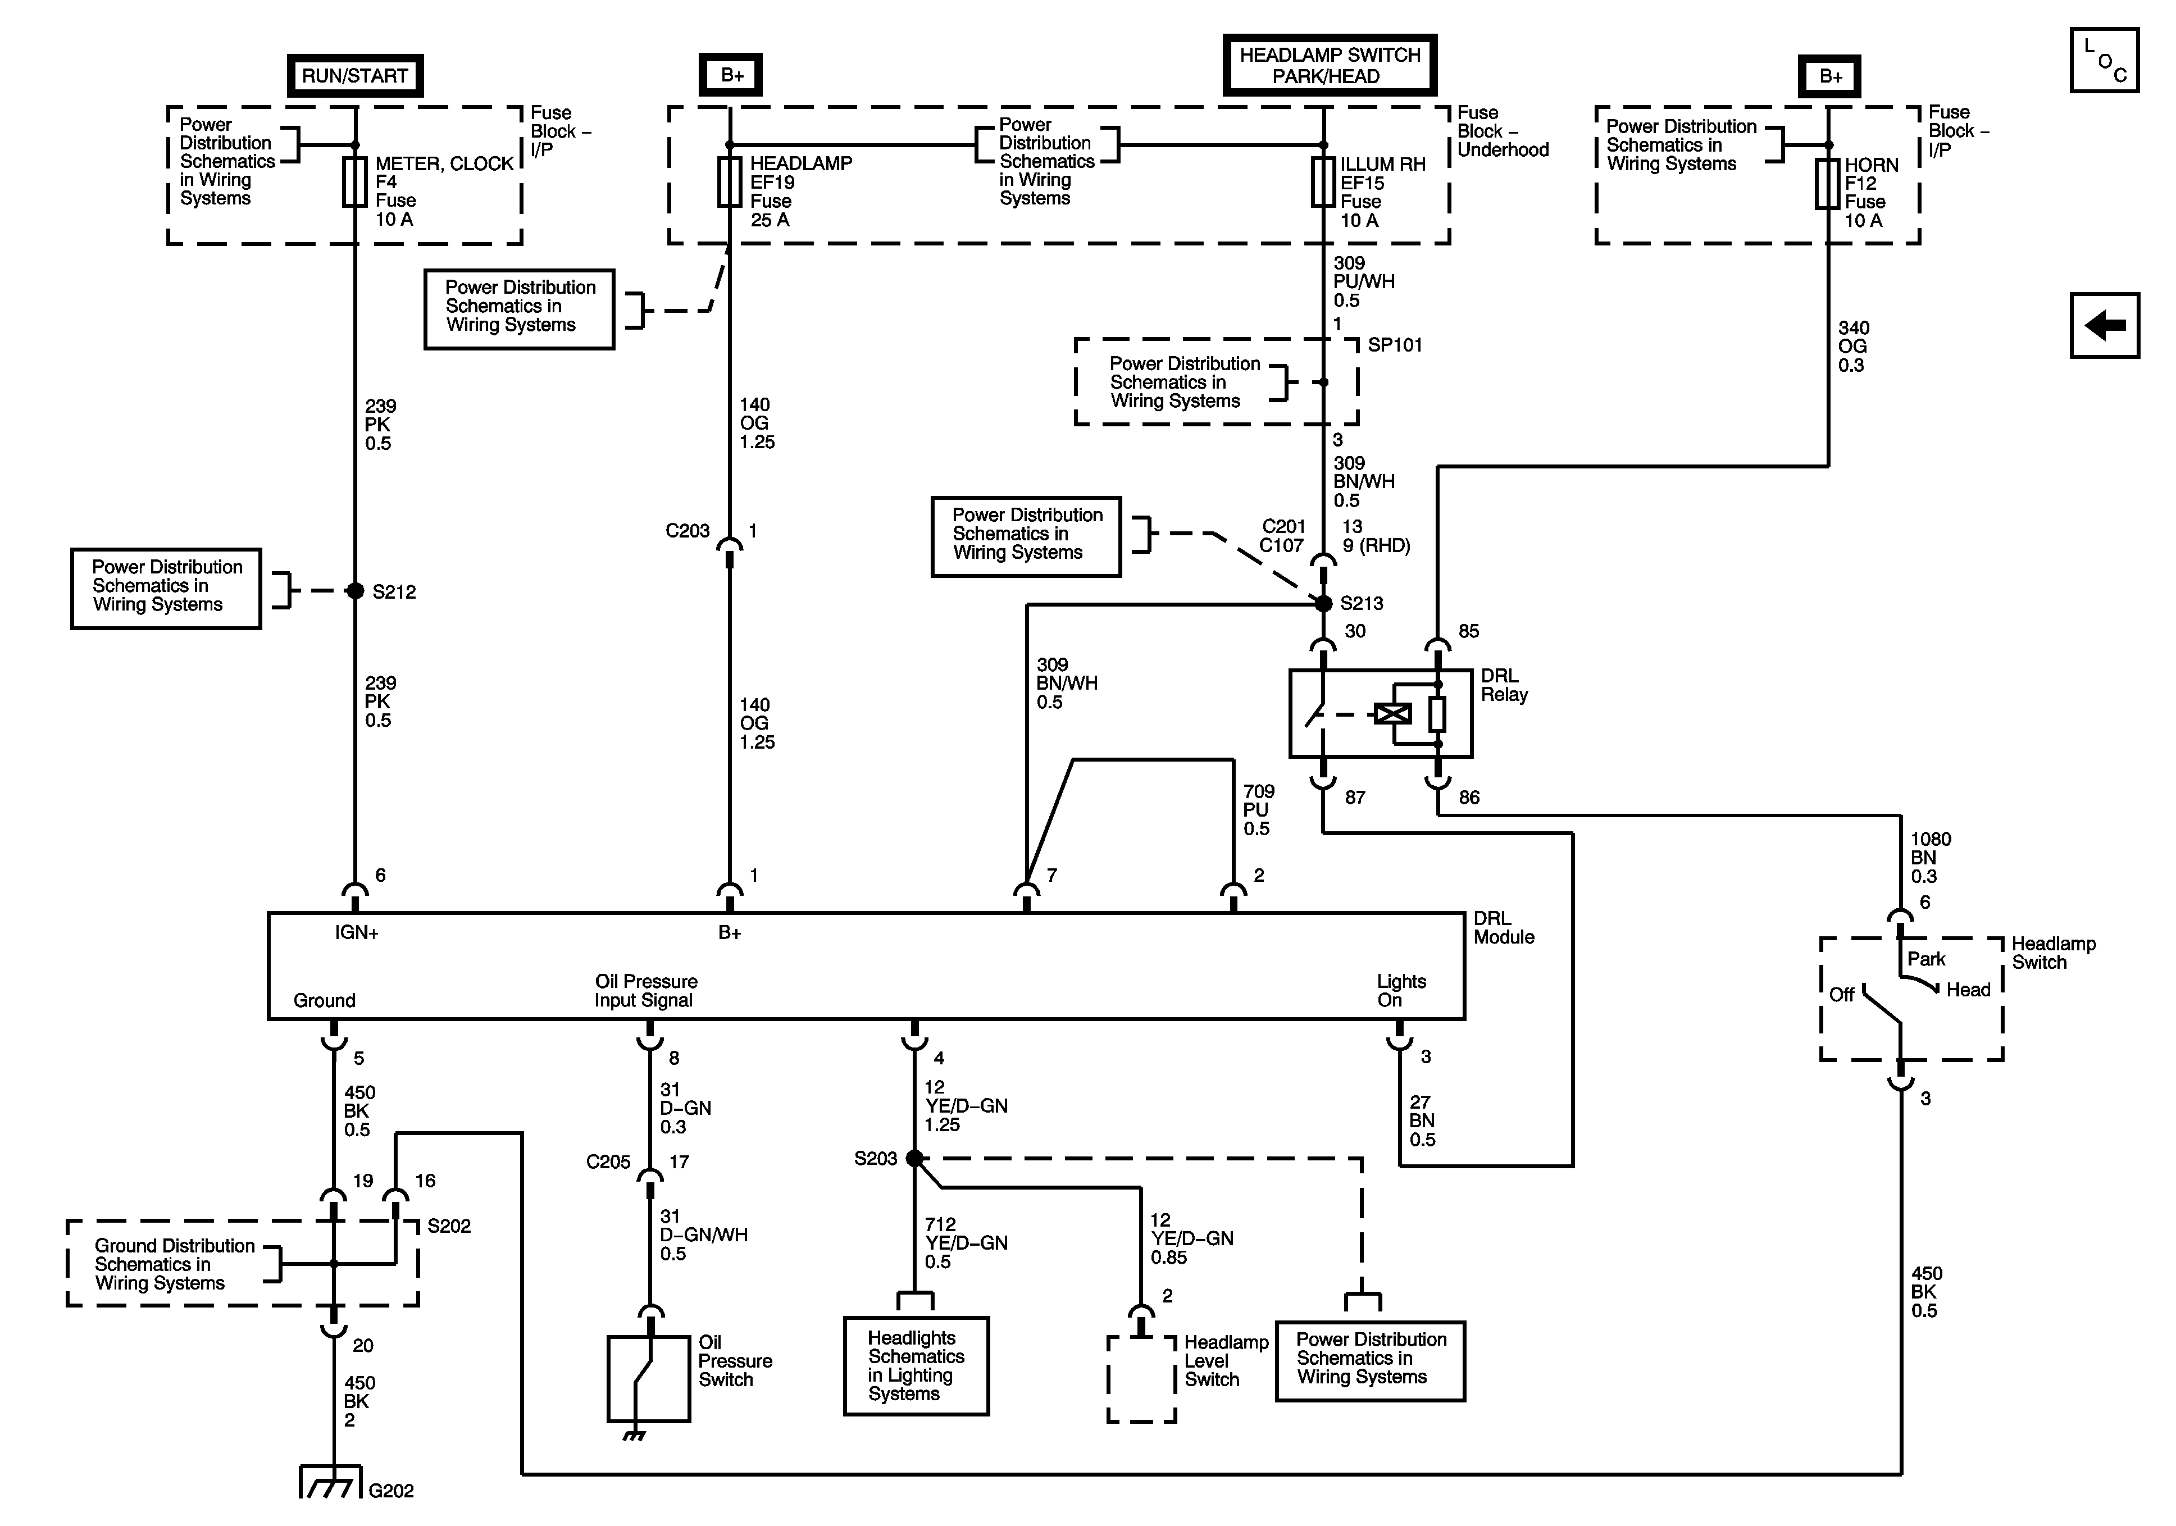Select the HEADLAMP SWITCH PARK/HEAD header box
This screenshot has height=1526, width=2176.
(x=1329, y=65)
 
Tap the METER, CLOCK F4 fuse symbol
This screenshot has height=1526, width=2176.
(x=354, y=182)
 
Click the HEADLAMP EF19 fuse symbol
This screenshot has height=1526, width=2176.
(x=729, y=182)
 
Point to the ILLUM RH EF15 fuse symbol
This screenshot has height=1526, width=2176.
(x=1323, y=182)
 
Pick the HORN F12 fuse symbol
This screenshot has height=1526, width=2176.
(x=1827, y=184)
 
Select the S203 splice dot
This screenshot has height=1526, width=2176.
(x=914, y=1158)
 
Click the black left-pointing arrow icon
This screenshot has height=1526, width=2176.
(x=2105, y=325)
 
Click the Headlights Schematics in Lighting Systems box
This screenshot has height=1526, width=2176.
(x=916, y=1366)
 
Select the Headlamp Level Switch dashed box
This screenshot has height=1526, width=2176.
(x=1141, y=1378)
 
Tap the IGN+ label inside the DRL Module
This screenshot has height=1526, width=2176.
(x=356, y=933)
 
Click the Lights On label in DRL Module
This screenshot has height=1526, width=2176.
(x=1401, y=991)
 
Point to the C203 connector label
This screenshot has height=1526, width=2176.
(x=687, y=531)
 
